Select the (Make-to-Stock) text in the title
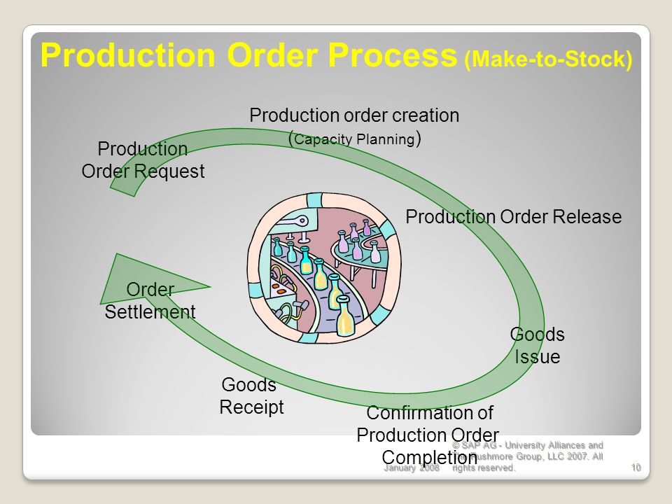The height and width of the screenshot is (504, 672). (x=548, y=59)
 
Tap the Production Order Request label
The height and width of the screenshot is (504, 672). (x=143, y=160)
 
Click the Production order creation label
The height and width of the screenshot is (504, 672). (x=354, y=115)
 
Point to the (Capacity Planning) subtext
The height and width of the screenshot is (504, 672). (x=354, y=138)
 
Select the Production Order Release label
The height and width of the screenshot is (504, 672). (x=513, y=217)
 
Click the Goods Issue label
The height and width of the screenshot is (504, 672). (x=537, y=345)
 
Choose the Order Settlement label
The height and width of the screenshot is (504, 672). (x=150, y=300)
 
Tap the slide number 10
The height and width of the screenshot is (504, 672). (x=636, y=468)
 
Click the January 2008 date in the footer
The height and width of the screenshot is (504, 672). (x=412, y=468)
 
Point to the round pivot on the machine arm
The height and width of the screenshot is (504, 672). (x=303, y=221)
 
